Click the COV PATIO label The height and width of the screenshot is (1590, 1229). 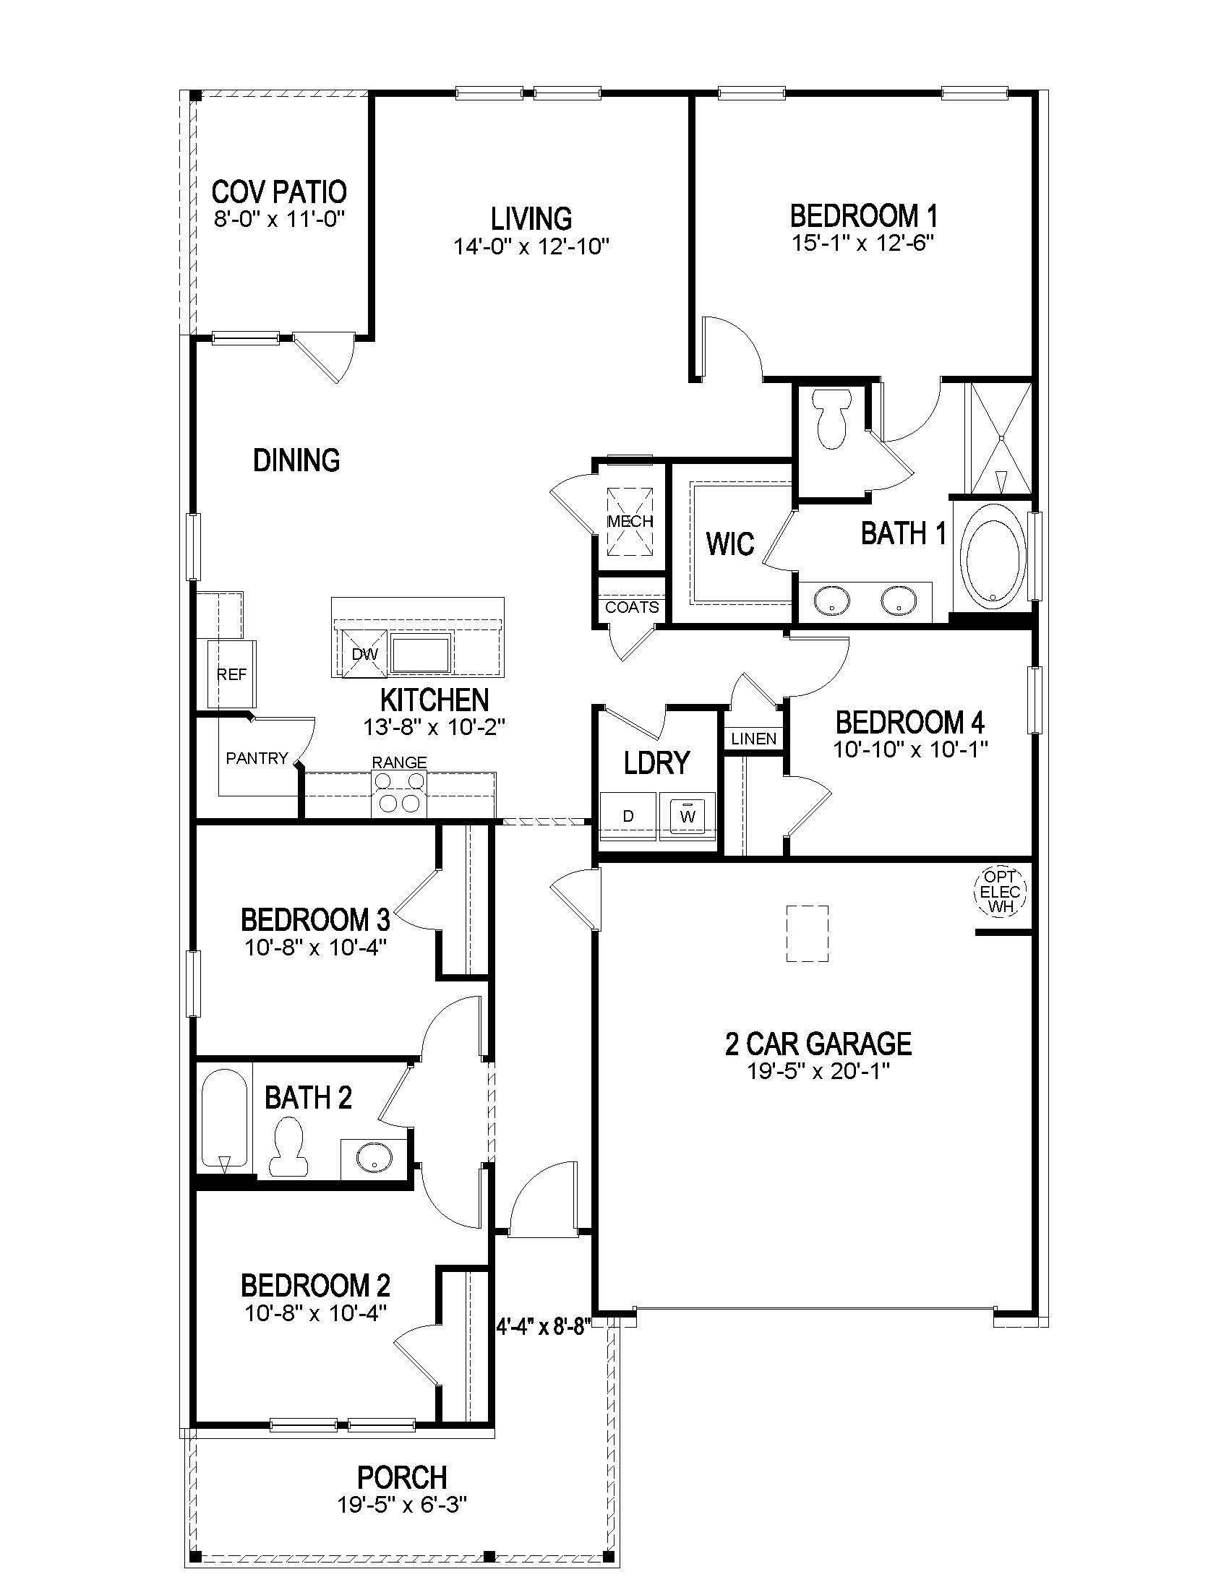coord(279,192)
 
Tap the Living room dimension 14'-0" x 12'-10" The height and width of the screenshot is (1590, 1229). coord(531,246)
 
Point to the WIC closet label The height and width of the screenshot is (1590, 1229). coord(729,543)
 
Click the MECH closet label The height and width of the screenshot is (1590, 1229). coord(630,521)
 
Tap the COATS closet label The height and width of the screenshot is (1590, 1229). coord(632,607)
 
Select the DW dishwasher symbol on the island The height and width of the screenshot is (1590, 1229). coord(365,654)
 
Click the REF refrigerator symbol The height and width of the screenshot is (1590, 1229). coord(231,675)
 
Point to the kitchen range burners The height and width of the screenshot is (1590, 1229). coord(399,792)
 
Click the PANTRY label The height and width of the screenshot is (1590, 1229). coord(257,759)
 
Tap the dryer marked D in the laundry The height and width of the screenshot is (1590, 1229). coord(628,816)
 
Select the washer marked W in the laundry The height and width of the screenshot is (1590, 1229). coord(688,815)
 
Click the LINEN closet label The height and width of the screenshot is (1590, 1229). coord(753,739)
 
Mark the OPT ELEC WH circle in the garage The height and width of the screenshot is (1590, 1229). coord(1000,891)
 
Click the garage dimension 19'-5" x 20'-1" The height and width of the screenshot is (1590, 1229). coord(818,1071)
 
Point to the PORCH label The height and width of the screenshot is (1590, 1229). coord(402,1477)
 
